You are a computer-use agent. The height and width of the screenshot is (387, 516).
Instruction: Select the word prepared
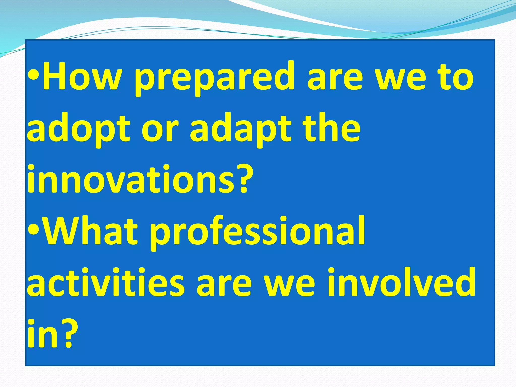[214, 78]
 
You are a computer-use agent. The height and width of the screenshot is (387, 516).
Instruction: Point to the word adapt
[241, 130]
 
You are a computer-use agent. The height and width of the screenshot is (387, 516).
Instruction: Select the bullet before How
[33, 76]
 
